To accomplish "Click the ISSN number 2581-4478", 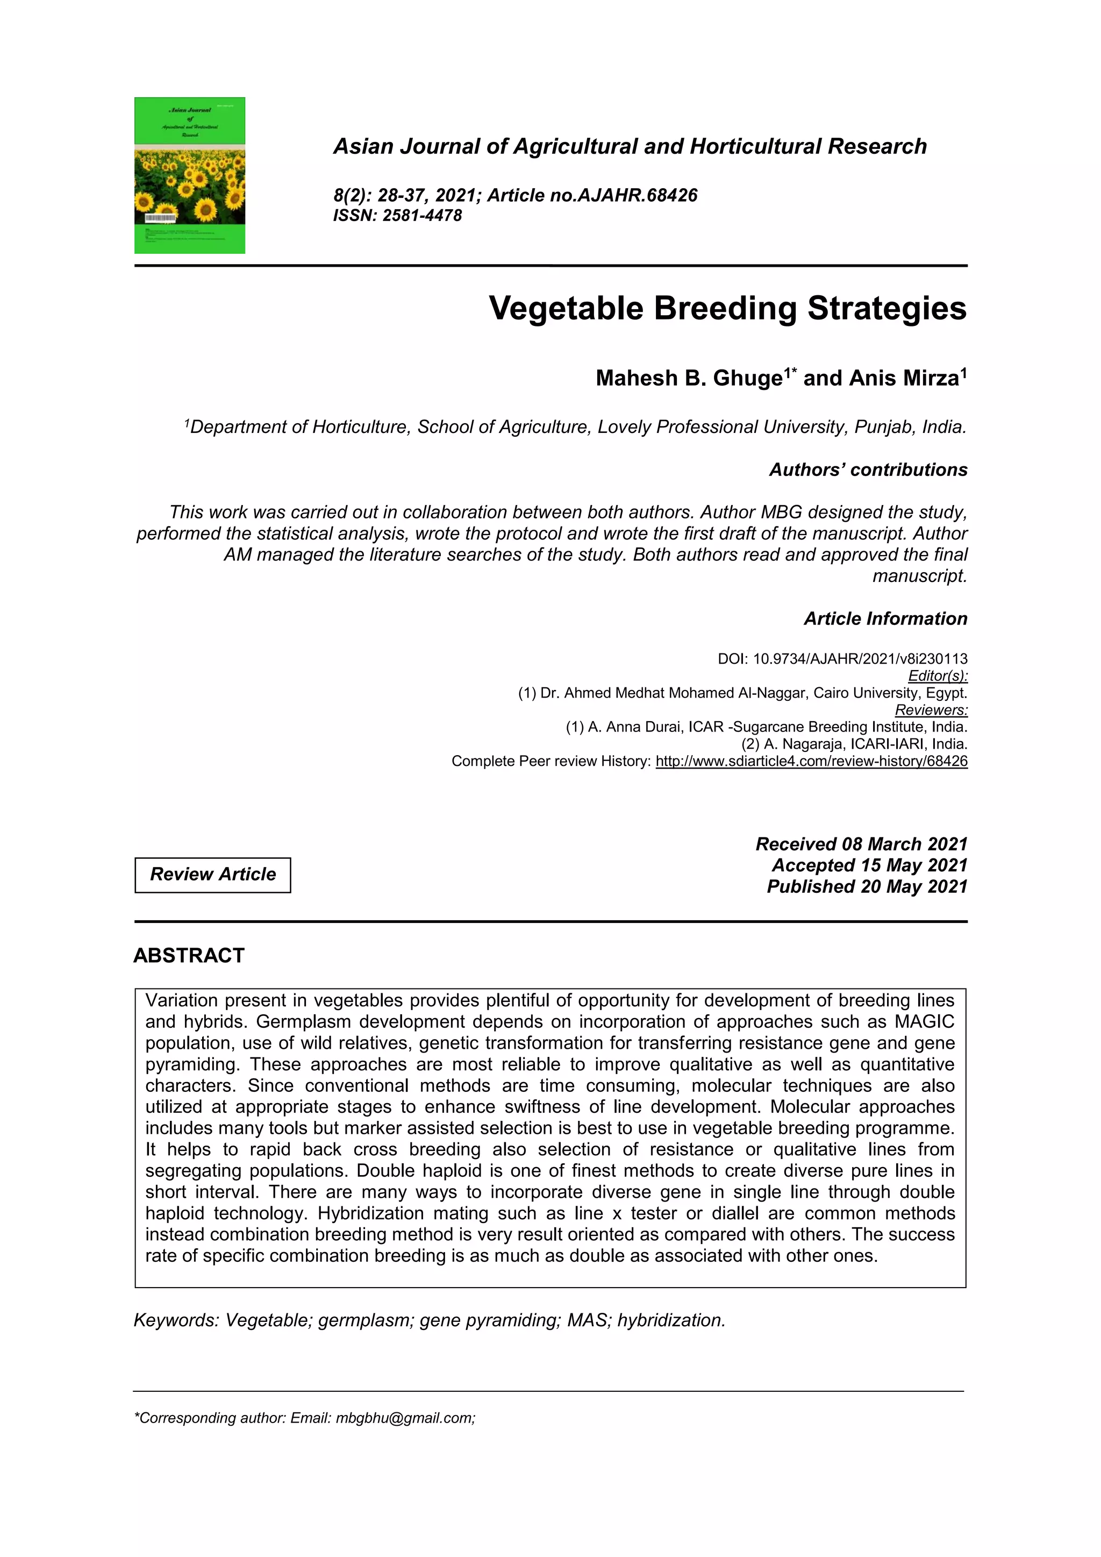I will [421, 216].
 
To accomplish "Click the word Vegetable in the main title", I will [566, 309].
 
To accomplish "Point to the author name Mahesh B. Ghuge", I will [689, 378].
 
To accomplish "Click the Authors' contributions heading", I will [868, 470].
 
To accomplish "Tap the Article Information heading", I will [885, 618].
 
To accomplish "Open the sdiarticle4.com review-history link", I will [812, 761].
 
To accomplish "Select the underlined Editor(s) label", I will [938, 676].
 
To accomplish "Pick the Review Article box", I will [213, 875].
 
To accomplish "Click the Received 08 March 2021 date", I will [861, 844].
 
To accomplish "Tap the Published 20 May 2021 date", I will [867, 886].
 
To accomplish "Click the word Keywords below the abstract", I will [176, 1320].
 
